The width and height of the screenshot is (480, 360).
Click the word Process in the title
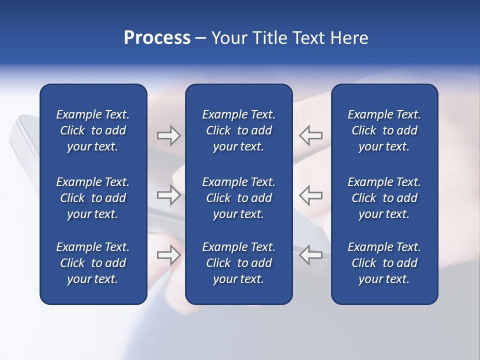pos(157,38)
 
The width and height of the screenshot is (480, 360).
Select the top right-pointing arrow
pos(169,135)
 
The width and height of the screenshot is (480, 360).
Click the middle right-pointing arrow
pos(169,195)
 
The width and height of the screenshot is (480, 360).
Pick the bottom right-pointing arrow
pos(169,255)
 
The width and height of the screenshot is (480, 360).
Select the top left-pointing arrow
pos(311,135)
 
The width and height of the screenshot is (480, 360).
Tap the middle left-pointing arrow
pos(311,195)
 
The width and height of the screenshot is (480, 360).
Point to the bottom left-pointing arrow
pos(311,255)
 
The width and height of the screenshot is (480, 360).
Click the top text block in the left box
pos(93,130)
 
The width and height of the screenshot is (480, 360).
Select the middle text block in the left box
pos(93,198)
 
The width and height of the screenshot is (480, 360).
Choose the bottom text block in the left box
pos(93,263)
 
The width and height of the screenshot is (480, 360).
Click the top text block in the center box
pos(239,130)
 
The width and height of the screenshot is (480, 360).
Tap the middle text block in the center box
pos(239,198)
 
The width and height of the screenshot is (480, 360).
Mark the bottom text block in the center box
pos(239,263)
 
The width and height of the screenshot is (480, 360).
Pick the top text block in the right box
pos(384,130)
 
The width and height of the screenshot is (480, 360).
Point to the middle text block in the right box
pos(384,198)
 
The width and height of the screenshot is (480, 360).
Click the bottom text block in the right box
pos(384,263)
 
